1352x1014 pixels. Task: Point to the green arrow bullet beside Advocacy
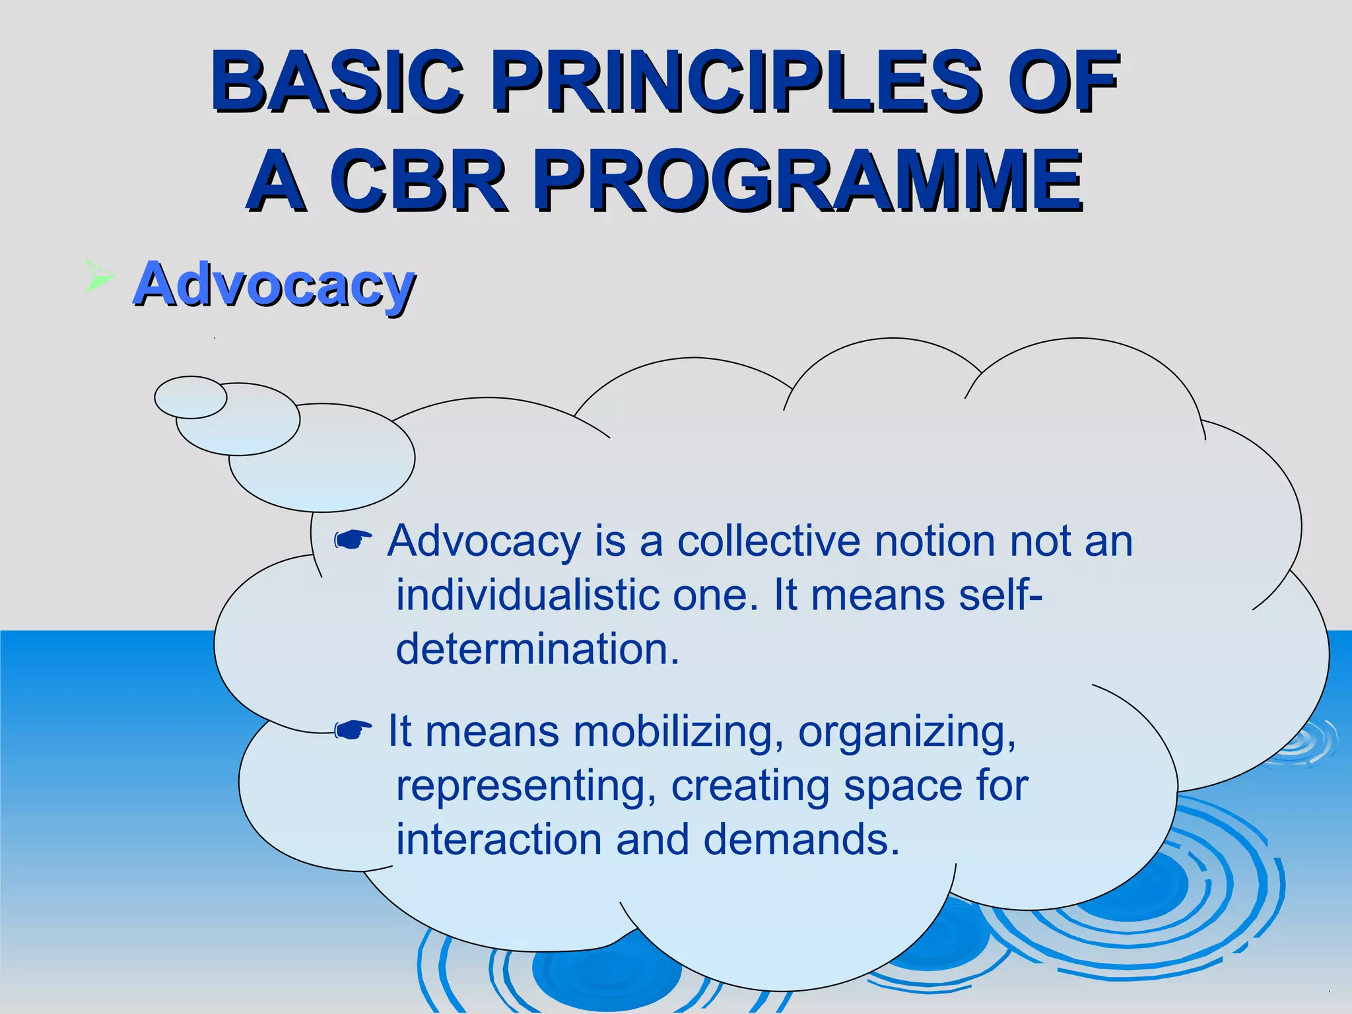point(99,276)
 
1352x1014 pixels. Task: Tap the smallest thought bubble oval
point(191,397)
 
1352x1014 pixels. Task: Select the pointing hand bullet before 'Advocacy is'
point(353,541)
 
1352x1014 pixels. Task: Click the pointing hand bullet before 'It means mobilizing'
point(353,729)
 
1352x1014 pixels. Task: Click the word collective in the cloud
point(768,541)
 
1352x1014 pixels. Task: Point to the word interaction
point(498,840)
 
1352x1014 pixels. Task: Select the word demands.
point(801,840)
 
